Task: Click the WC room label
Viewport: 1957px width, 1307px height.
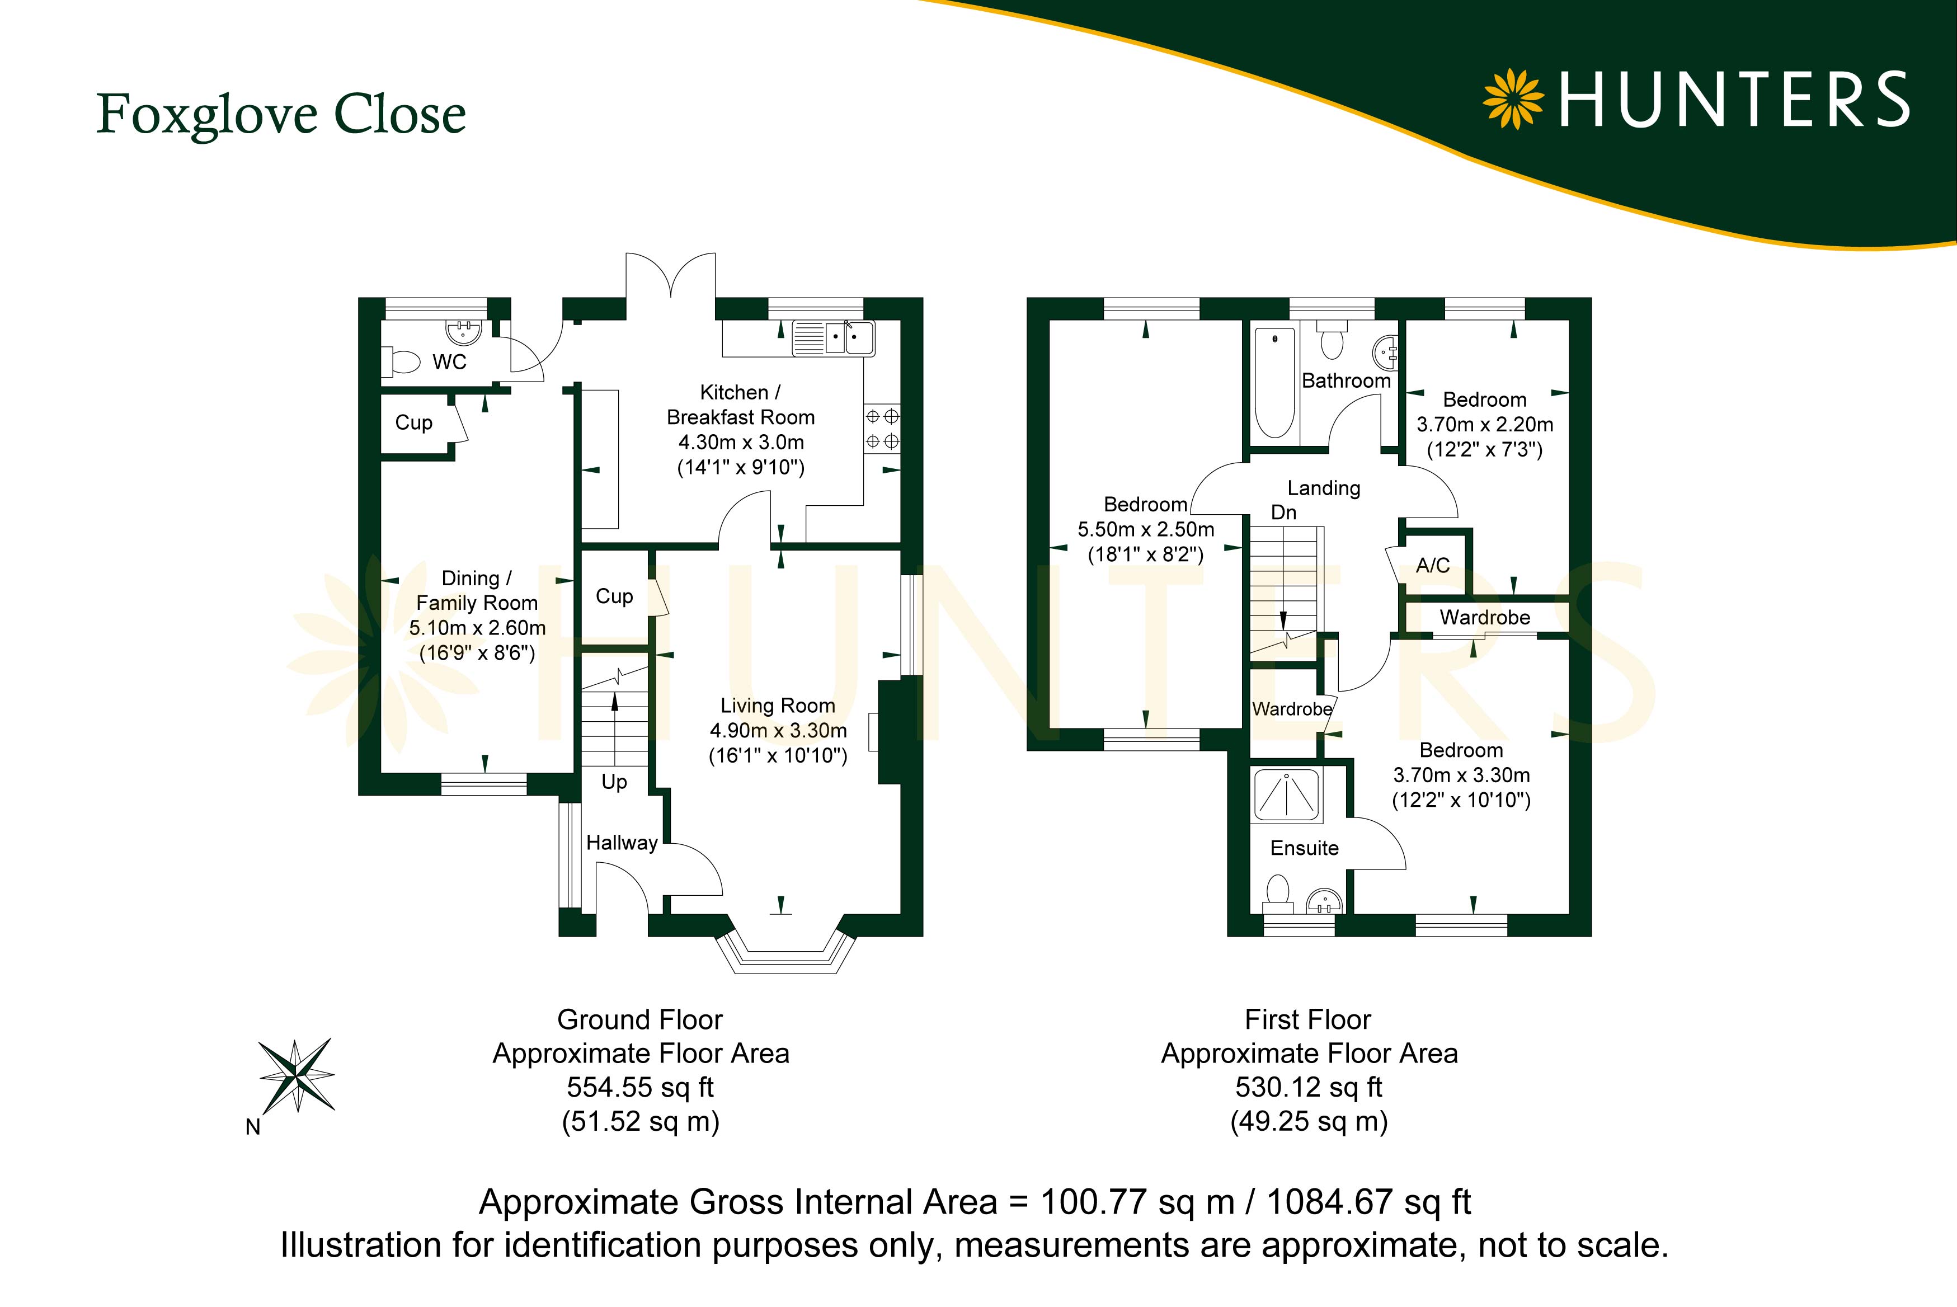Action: tap(449, 362)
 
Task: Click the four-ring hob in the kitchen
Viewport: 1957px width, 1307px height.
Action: tap(882, 427)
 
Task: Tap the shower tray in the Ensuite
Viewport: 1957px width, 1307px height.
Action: tap(1287, 794)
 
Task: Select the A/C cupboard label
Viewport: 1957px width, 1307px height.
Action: tap(1433, 565)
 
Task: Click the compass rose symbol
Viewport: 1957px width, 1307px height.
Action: tap(297, 1075)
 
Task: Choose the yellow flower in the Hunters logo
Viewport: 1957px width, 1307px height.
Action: tap(1513, 99)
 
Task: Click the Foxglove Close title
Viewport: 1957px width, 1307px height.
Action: tap(281, 114)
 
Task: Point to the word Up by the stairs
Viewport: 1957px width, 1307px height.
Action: tap(614, 782)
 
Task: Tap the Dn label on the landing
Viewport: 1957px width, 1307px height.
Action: tap(1283, 512)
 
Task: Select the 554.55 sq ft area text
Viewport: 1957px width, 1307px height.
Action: tap(640, 1087)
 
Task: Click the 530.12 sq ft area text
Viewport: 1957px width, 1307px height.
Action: tap(1309, 1087)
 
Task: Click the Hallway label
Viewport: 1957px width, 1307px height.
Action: tap(622, 843)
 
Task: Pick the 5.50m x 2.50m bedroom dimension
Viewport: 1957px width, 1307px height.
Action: tap(1146, 529)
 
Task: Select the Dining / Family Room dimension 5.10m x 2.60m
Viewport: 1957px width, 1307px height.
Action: tap(478, 628)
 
